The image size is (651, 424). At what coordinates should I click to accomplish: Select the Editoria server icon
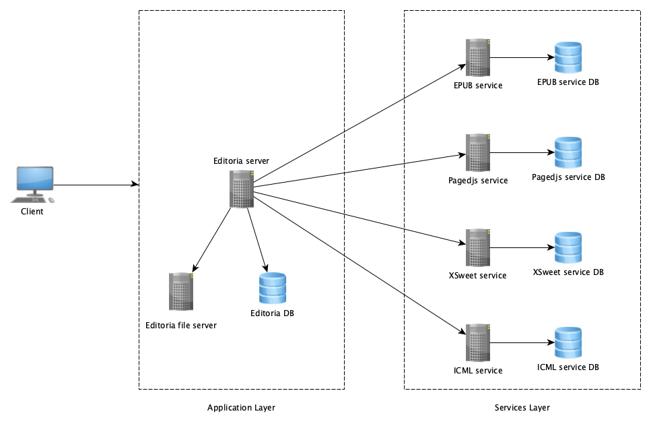(241, 189)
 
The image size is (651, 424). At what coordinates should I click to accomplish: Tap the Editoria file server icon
(181, 291)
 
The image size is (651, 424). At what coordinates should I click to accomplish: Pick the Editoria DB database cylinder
(272, 289)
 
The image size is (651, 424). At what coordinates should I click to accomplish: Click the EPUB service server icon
(477, 58)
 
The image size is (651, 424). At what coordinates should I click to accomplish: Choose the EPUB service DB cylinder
(568, 58)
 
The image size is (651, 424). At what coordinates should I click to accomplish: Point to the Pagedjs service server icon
(477, 153)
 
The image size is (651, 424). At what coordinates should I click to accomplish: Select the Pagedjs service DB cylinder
(568, 153)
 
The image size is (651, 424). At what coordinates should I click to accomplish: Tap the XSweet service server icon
(477, 248)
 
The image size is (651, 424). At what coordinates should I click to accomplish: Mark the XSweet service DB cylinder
(568, 248)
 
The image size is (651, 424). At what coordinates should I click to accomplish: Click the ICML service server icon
(477, 343)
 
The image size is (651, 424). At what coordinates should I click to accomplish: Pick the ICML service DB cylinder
(568, 343)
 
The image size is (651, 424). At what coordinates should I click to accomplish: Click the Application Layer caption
(241, 408)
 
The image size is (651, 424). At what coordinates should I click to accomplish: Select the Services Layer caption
(522, 408)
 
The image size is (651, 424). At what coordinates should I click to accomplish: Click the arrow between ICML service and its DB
(522, 343)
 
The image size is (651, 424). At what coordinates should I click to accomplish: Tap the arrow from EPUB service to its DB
(522, 58)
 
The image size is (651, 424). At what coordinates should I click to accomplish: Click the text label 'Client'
(32, 212)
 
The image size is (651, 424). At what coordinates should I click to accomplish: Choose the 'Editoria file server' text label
(181, 326)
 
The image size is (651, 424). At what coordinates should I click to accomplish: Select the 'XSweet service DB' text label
(568, 272)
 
